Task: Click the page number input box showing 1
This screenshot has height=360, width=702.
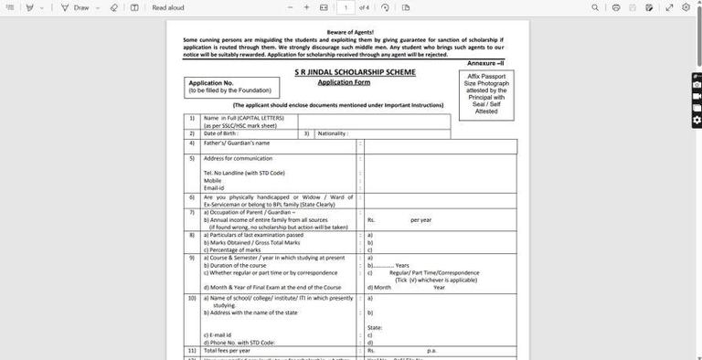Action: tap(346, 7)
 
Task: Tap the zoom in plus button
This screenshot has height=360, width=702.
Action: tap(306, 7)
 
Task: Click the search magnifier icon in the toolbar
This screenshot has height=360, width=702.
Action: tap(595, 7)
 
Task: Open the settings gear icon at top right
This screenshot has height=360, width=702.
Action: tap(686, 7)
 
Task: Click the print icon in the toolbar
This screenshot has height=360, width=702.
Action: tap(616, 7)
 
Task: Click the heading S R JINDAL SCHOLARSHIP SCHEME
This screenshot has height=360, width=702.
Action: tap(355, 71)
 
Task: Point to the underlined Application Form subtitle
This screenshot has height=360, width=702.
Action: tap(343, 82)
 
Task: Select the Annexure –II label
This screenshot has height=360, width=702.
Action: tap(485, 62)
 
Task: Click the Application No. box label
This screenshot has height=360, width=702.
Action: tap(211, 83)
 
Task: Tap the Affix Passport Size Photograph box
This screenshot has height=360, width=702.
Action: tap(486, 94)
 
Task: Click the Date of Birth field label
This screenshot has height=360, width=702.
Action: tap(220, 133)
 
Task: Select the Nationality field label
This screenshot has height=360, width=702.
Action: tap(333, 133)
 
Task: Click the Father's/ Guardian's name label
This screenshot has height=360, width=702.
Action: tap(236, 143)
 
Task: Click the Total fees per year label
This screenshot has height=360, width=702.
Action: tap(226, 350)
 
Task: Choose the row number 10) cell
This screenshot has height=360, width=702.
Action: tap(192, 298)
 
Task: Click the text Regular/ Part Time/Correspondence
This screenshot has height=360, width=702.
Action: tap(433, 272)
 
